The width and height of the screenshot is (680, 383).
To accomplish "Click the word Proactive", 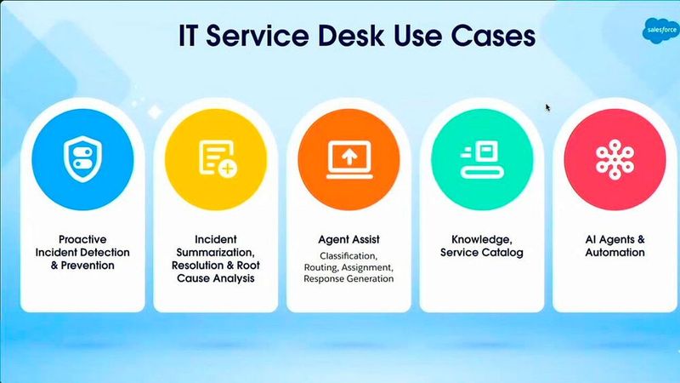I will point(82,239).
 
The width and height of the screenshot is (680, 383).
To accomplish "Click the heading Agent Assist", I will point(348,239).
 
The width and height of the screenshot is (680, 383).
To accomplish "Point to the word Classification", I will point(348,255).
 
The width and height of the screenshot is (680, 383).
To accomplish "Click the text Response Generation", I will point(348,278).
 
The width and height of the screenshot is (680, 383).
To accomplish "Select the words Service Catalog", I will point(481,252).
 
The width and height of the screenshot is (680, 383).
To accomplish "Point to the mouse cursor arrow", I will point(547,107).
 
